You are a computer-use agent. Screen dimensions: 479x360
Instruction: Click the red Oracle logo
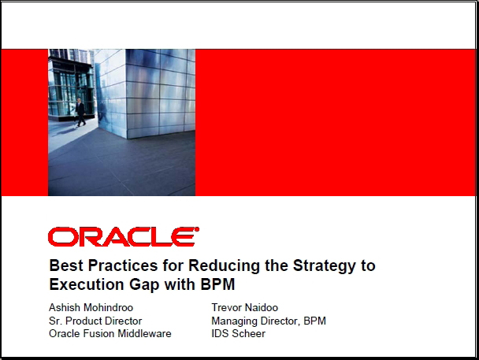(x=124, y=236)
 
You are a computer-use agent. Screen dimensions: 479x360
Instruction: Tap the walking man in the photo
(x=80, y=113)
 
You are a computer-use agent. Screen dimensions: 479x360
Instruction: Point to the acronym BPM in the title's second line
(x=217, y=284)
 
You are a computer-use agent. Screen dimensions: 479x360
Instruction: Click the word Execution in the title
(x=87, y=284)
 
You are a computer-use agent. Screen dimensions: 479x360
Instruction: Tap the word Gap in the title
(x=144, y=285)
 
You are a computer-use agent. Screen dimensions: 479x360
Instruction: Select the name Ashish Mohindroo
(x=91, y=307)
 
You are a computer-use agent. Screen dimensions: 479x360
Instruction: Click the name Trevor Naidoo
(x=245, y=307)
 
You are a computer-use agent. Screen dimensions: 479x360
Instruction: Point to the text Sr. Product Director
(x=95, y=321)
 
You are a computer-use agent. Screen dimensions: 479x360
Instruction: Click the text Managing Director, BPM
(x=269, y=321)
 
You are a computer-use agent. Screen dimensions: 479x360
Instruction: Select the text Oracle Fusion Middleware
(x=110, y=333)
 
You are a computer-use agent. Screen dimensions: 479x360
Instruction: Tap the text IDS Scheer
(x=238, y=333)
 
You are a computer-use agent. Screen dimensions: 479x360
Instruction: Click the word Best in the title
(x=66, y=265)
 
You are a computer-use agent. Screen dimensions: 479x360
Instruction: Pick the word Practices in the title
(x=123, y=265)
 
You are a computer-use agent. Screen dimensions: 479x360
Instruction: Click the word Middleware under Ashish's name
(x=144, y=333)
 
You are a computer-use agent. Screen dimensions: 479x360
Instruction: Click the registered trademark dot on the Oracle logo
(x=197, y=228)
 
